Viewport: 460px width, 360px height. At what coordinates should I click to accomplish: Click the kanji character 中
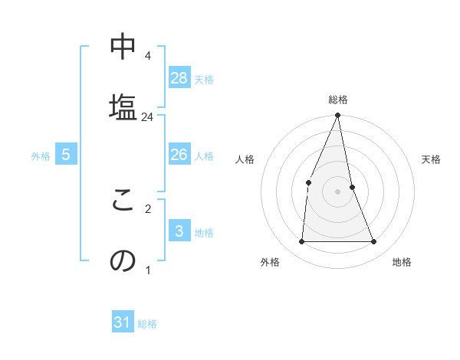point(123,47)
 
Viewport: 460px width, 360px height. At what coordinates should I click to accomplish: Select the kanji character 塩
point(123,106)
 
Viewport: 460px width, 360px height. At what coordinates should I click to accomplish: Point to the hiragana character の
point(123,260)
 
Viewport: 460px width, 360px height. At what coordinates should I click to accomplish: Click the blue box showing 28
point(179,77)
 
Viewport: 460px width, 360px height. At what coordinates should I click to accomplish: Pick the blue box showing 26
point(179,155)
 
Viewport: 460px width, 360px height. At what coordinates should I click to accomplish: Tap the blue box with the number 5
point(66,155)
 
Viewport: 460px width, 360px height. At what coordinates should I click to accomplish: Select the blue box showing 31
point(123,322)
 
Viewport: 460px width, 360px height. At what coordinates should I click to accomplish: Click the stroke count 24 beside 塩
point(148,117)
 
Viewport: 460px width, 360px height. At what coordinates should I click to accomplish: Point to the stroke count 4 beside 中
point(147,56)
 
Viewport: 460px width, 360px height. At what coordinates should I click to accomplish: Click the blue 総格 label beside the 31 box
point(147,324)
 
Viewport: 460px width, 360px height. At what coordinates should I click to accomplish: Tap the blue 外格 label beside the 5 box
point(41,156)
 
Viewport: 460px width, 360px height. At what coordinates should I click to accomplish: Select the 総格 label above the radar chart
point(337,100)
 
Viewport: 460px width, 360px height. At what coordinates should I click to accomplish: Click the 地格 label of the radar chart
point(402,262)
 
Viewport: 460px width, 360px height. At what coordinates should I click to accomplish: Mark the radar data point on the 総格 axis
point(337,116)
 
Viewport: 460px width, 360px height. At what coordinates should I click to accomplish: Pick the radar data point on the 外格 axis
point(301,241)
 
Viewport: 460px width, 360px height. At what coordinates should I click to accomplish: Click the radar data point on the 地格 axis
point(374,241)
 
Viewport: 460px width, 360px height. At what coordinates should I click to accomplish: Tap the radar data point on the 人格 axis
point(308,182)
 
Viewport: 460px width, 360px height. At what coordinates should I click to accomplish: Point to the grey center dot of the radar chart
point(337,191)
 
